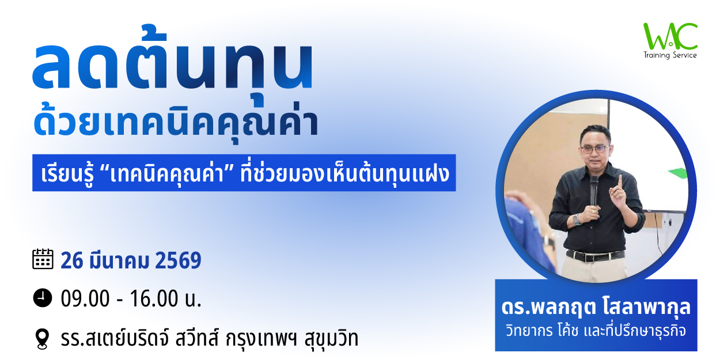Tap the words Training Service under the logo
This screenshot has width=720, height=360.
[x=670, y=55]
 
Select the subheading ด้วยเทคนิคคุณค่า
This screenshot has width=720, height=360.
[x=176, y=120]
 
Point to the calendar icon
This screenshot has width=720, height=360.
[x=43, y=259]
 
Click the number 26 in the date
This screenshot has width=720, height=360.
[x=72, y=260]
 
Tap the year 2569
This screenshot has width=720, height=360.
[x=178, y=260]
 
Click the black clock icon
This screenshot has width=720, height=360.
[x=43, y=298]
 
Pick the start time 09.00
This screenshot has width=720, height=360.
[x=85, y=299]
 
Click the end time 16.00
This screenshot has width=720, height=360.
[x=154, y=299]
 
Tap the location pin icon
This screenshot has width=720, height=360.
[x=43, y=339]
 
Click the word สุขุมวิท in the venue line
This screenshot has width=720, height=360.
[x=331, y=339]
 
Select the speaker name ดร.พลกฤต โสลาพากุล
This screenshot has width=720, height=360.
[x=596, y=306]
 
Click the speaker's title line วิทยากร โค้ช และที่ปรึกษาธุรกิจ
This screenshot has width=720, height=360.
[x=596, y=331]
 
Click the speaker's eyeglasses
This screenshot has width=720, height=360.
[x=595, y=149]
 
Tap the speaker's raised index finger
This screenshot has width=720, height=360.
[x=620, y=182]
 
